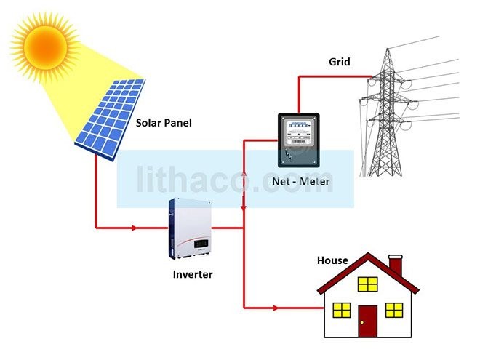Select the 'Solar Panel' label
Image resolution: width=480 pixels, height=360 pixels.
[164, 123]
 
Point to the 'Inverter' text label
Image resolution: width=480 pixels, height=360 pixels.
[193, 274]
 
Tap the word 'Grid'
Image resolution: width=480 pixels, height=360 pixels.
[339, 62]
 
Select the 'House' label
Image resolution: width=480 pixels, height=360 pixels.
[332, 260]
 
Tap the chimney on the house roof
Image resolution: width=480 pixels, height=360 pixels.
[396, 265]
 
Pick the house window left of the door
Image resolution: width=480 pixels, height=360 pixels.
[341, 311]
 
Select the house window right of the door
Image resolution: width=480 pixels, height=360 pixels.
[394, 311]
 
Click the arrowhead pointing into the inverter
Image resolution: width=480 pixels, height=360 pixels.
[134, 228]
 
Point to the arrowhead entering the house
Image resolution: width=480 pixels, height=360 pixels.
[276, 308]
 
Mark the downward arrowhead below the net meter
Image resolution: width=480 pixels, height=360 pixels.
[244, 207]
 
